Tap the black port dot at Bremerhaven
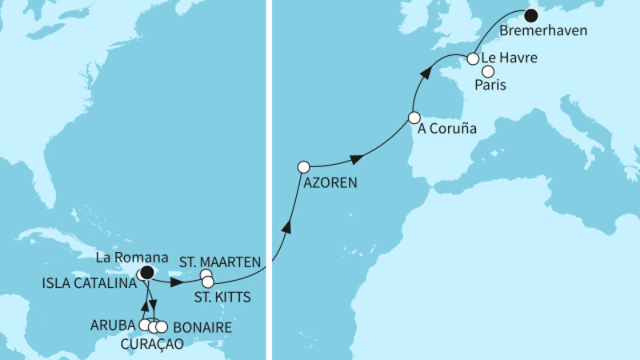tap(530, 14)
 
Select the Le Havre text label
tap(510, 58)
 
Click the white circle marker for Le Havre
tap(473, 58)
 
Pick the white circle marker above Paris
tap(488, 71)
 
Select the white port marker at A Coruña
tap(414, 118)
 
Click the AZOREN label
tap(330, 183)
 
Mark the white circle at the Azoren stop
tap(303, 167)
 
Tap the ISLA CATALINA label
tap(89, 282)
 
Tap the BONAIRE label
tap(201, 326)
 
